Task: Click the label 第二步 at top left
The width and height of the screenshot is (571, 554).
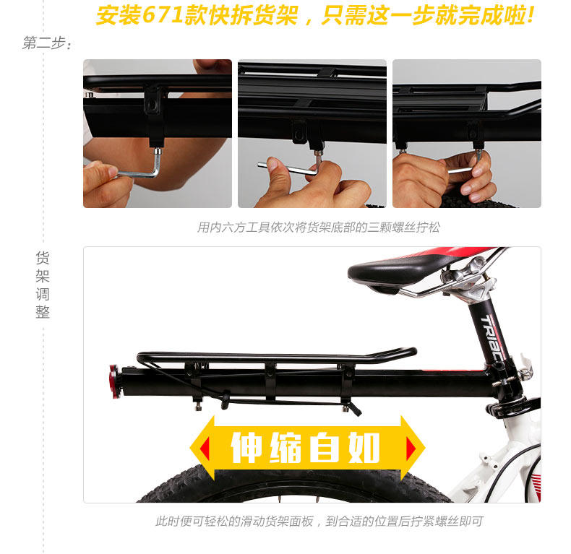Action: pyautogui.click(x=46, y=43)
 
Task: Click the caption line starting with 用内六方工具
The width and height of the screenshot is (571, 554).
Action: pyautogui.click(x=318, y=227)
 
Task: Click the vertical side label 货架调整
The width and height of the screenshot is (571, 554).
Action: pyautogui.click(x=43, y=285)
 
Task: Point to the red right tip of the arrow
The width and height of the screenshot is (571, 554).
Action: pyautogui.click(x=411, y=449)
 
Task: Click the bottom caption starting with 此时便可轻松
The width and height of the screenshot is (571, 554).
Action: pyautogui.click(x=318, y=521)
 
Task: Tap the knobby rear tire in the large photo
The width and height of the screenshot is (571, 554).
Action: pyautogui.click(x=289, y=488)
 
